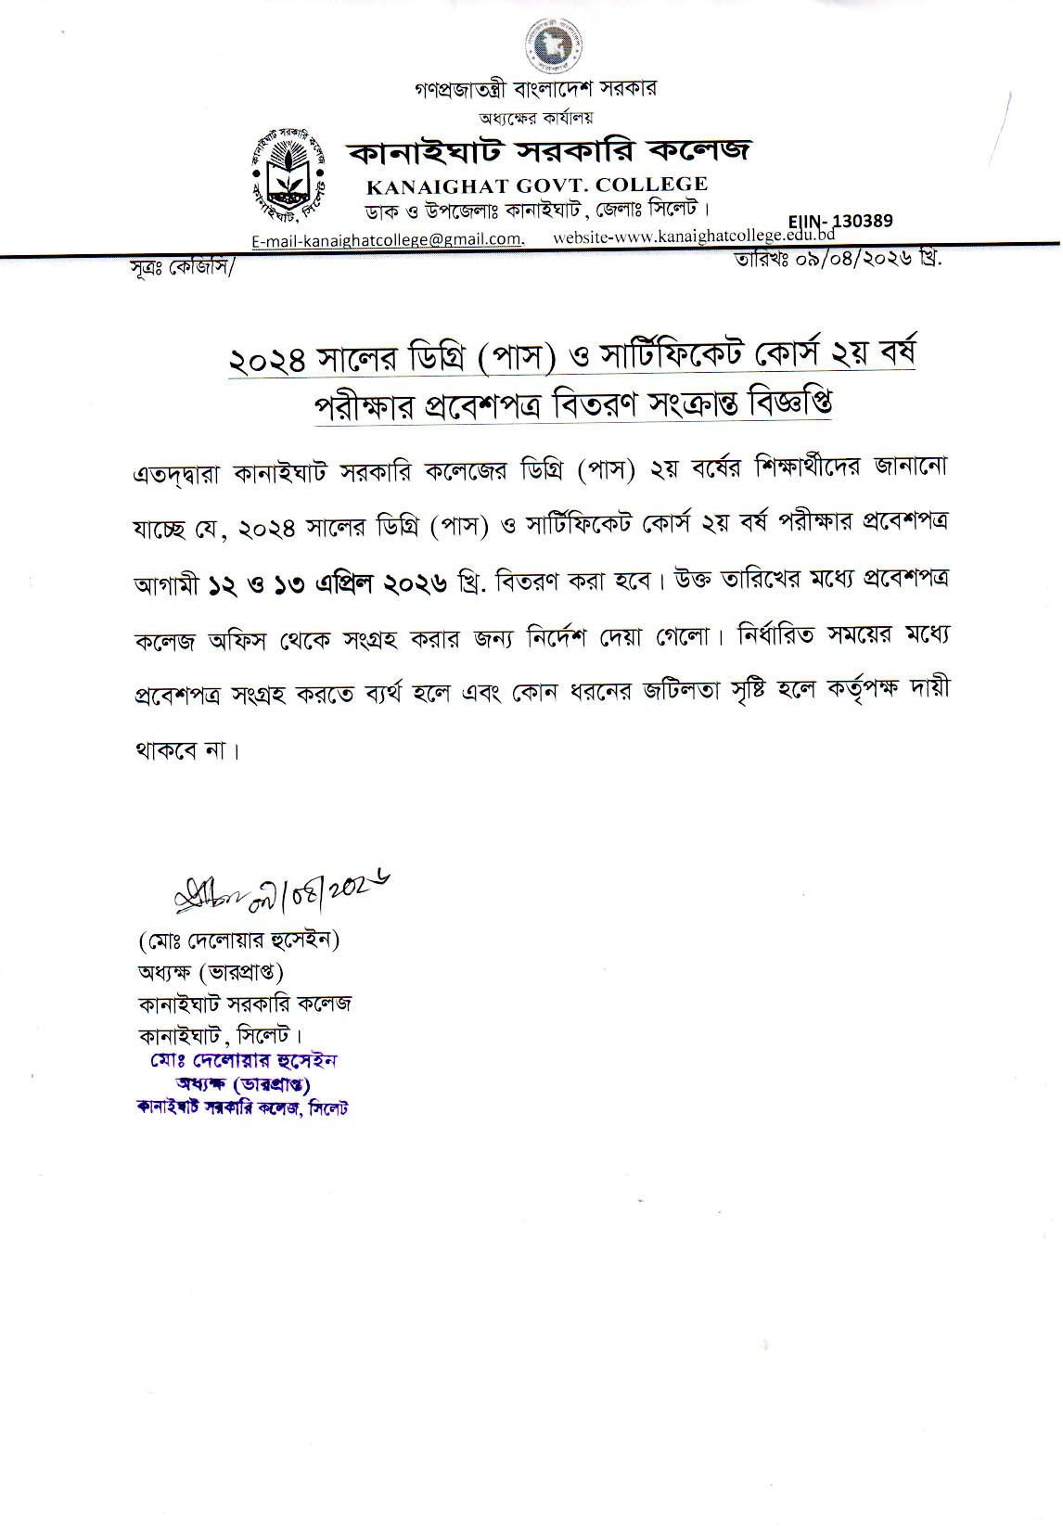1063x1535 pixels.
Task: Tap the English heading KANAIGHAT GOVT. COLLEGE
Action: [537, 185]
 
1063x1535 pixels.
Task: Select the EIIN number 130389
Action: [840, 221]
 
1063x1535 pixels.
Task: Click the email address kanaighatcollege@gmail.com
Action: [388, 239]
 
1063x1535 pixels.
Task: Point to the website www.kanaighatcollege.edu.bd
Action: [694, 237]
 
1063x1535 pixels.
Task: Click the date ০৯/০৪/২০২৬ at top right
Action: [838, 259]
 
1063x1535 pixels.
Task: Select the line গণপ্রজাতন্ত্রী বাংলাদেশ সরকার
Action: [535, 89]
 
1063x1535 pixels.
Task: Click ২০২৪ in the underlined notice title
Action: [267, 360]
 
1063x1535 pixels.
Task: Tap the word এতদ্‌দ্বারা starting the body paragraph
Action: [177, 473]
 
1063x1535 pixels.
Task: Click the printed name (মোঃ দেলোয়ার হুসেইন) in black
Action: [238, 940]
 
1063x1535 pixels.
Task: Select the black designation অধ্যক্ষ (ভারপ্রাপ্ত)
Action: [211, 972]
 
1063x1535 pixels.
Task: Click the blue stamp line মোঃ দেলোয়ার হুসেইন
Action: [243, 1060]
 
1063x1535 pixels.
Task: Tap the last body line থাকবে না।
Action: [186, 749]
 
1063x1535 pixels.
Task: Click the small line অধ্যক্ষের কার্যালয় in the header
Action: [535, 118]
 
